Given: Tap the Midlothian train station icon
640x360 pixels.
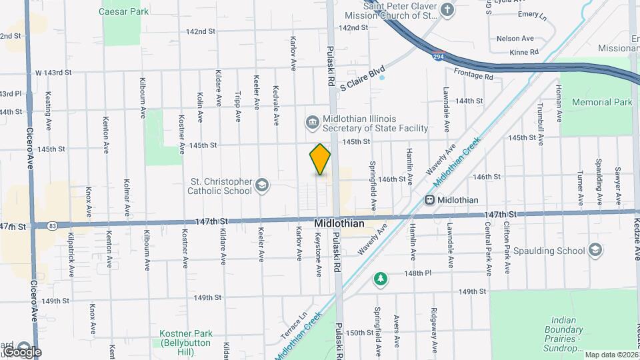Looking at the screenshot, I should [431, 199].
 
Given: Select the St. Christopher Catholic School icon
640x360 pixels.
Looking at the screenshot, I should [263, 185].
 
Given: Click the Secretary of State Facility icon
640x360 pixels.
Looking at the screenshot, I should [312, 121].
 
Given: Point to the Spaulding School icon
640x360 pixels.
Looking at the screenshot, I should [595, 251].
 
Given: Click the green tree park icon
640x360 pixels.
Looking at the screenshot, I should [380, 277].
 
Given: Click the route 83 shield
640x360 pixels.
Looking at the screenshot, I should [52, 226].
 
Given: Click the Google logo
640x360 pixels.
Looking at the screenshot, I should [21, 351].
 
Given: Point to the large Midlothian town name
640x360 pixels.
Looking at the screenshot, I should [339, 223].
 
